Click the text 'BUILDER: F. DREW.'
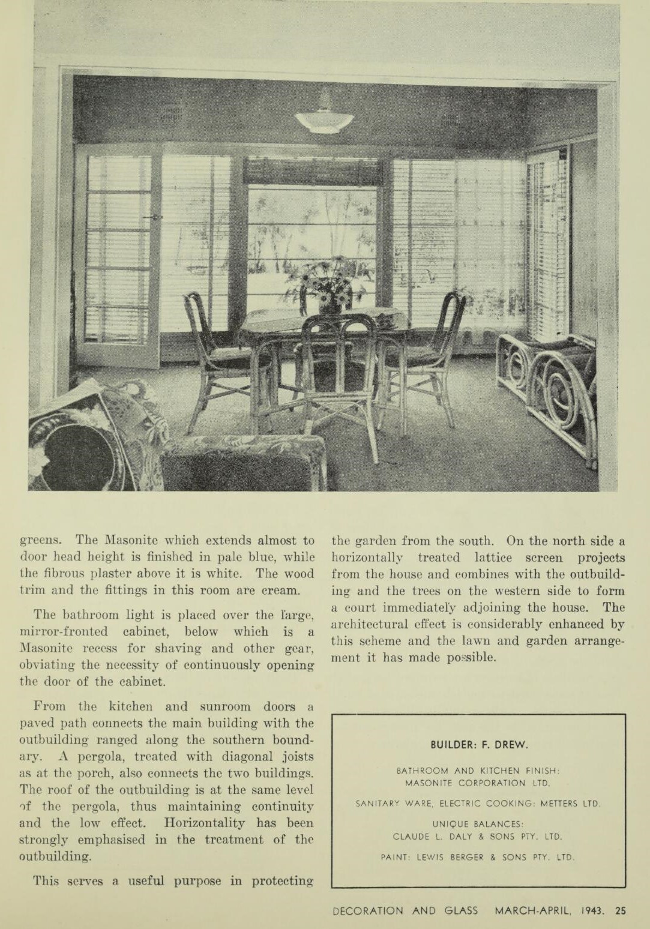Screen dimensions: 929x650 point(479,745)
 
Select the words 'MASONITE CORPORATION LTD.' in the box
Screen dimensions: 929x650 point(478,783)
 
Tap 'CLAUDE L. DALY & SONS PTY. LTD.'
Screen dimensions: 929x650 point(478,836)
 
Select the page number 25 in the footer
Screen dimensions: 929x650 point(620,910)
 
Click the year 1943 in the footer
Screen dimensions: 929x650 point(593,910)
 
